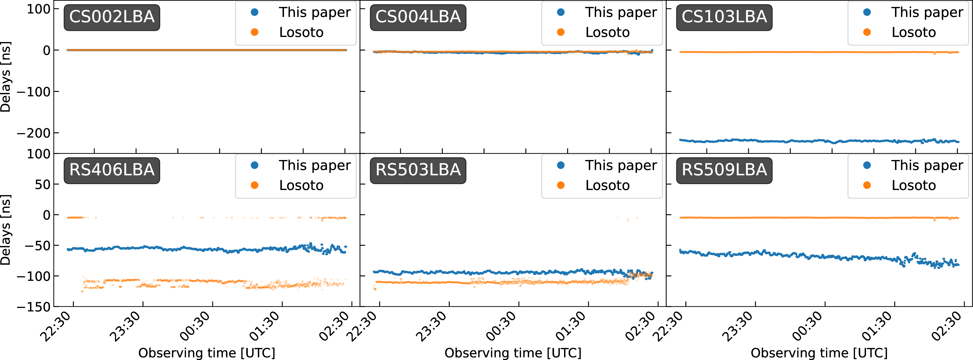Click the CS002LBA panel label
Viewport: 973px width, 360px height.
pos(112,17)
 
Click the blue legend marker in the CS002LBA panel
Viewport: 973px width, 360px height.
pos(255,12)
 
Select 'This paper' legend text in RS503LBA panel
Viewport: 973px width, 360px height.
pos(621,166)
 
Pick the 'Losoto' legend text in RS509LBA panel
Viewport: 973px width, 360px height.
pos(914,186)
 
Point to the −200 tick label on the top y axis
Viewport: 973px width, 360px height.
pos(33,133)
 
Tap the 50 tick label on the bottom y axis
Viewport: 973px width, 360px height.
pos(42,184)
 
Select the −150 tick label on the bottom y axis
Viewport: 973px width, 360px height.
pos(33,307)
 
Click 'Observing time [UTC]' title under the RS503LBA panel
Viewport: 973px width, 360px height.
pos(513,353)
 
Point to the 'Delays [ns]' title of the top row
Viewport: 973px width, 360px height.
pos(6,77)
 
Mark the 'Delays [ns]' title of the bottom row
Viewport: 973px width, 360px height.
pos(6,230)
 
